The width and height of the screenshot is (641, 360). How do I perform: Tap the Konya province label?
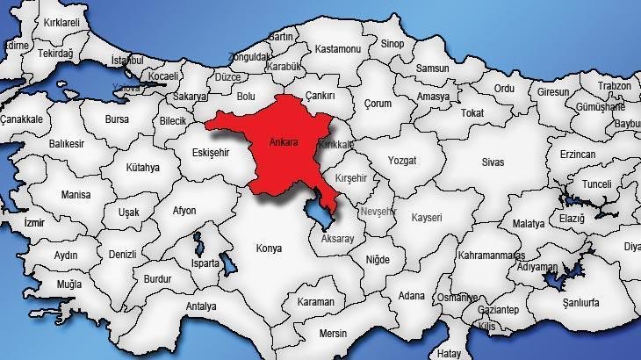pyautogui.click(x=268, y=248)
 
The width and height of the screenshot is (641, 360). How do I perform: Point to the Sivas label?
pyautogui.click(x=494, y=162)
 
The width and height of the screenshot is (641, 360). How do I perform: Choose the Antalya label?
pyautogui.click(x=201, y=306)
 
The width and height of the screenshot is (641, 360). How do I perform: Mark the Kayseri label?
pyautogui.click(x=426, y=216)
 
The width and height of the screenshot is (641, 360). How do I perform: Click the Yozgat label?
pyautogui.click(x=401, y=161)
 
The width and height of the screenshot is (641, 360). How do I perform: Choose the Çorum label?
pyautogui.click(x=378, y=104)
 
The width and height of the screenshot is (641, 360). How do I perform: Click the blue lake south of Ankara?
pyautogui.click(x=318, y=212)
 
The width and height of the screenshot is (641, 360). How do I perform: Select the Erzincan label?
pyautogui.click(x=577, y=154)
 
